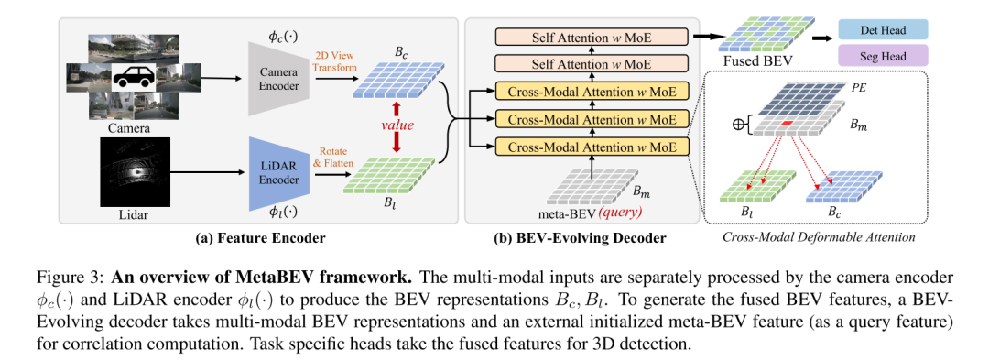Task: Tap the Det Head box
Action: [885, 30]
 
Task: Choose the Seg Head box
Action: [885, 57]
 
